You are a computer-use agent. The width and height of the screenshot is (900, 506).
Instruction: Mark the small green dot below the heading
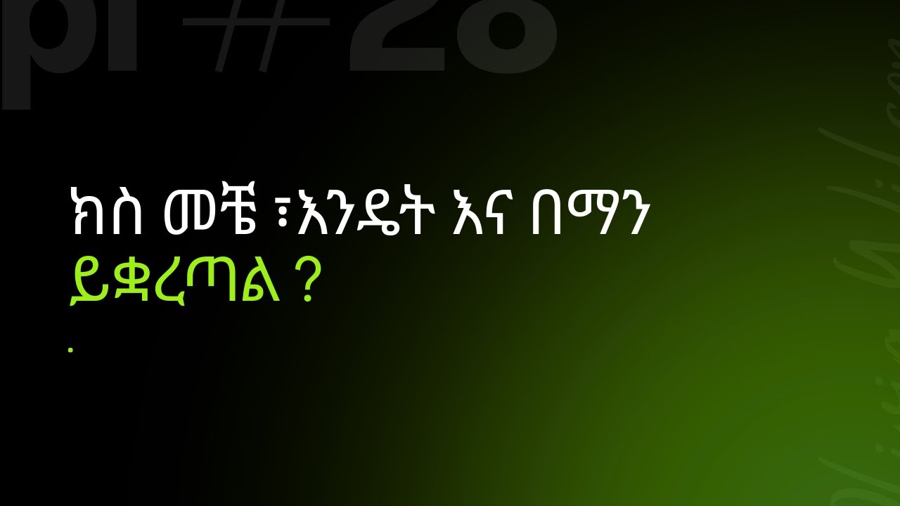(70, 349)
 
